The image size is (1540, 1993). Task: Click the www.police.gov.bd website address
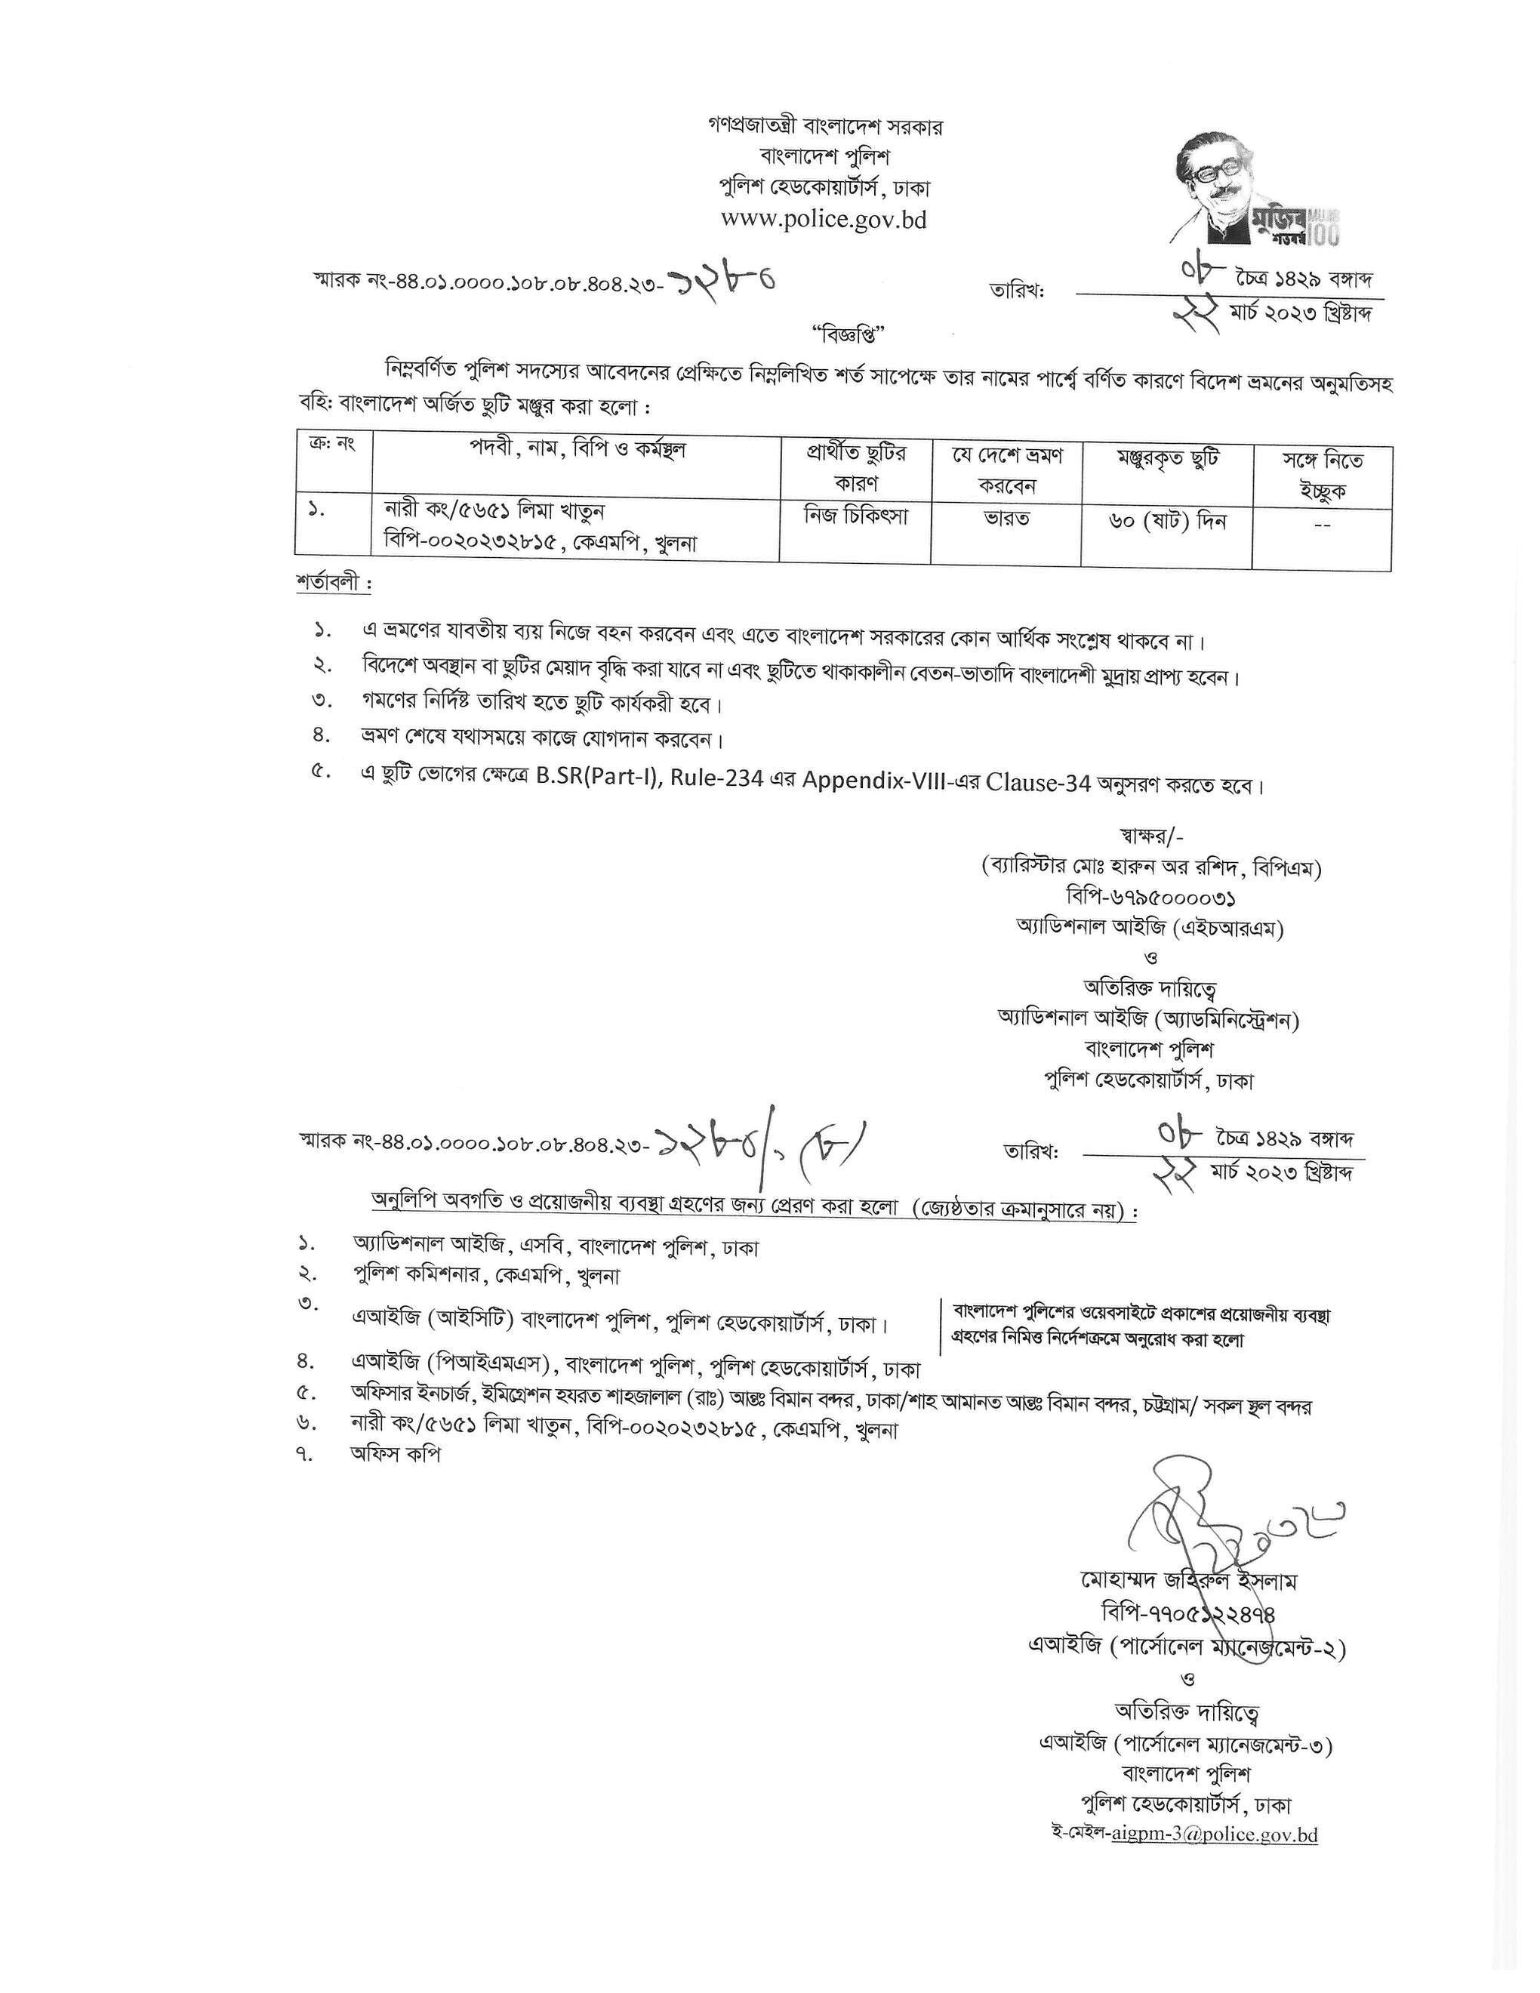[x=823, y=220]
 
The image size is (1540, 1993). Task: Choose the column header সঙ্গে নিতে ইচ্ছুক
[x=1321, y=473]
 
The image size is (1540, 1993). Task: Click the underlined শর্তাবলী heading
[x=333, y=582]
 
